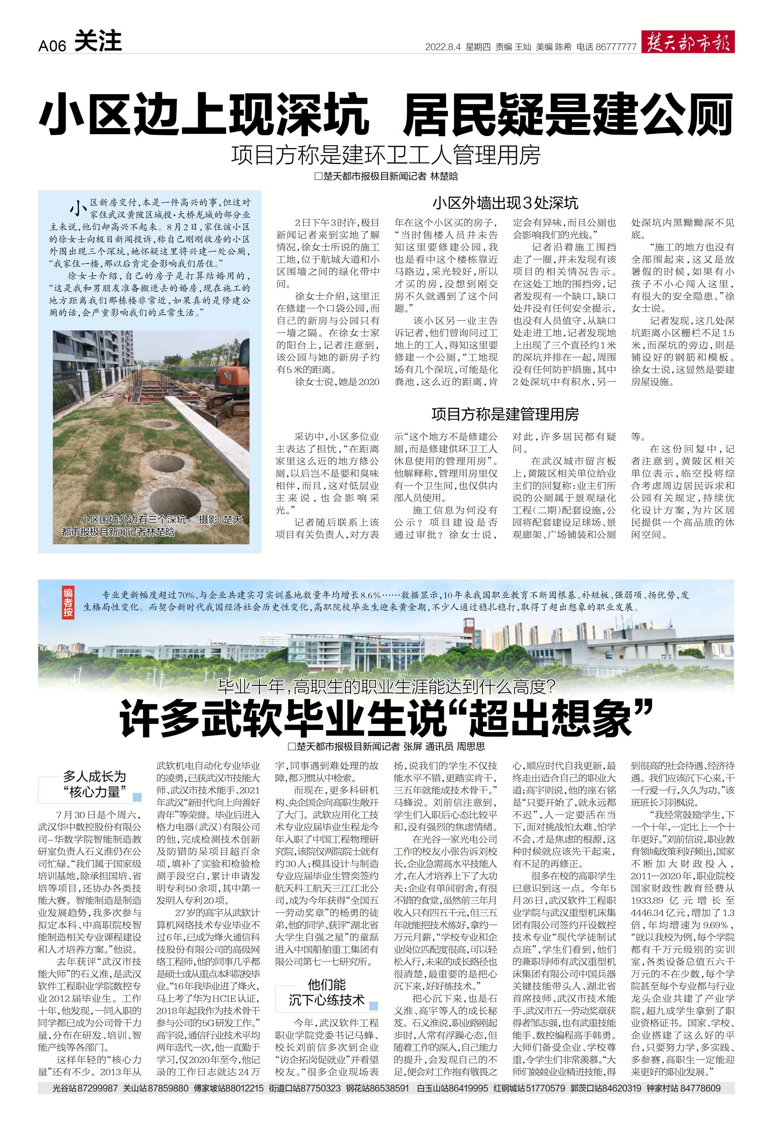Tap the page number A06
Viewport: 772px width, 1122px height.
[x=52, y=46]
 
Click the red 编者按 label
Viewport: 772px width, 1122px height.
[x=68, y=603]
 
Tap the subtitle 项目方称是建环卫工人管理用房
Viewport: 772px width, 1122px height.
[x=386, y=155]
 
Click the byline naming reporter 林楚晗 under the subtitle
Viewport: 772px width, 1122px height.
[x=386, y=176]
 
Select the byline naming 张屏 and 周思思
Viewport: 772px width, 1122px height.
[x=386, y=747]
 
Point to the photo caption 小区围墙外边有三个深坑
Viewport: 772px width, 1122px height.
[x=133, y=520]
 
